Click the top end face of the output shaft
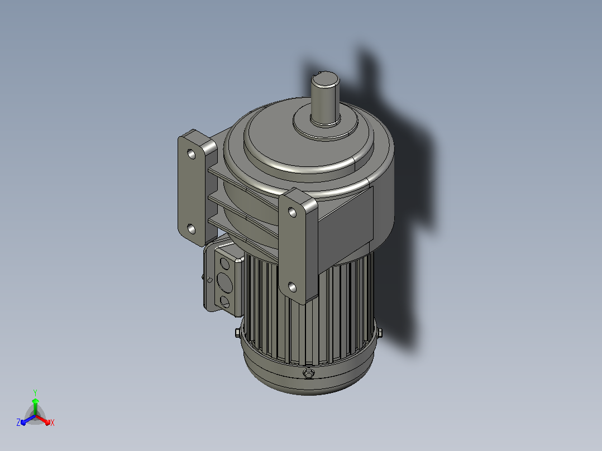(326, 80)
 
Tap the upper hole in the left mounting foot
(191, 154)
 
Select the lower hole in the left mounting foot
(191, 229)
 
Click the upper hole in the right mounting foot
(292, 212)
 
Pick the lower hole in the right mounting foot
(292, 287)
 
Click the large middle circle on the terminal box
(224, 282)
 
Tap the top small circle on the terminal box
(224, 263)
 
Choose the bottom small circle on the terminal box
(224, 301)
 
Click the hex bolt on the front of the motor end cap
(308, 373)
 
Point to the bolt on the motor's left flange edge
(238, 333)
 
